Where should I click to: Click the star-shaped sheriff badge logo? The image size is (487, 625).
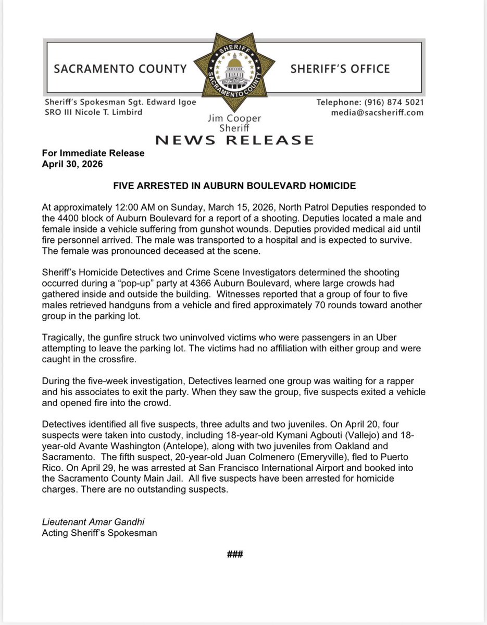click(234, 70)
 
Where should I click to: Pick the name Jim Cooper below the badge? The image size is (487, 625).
click(234, 119)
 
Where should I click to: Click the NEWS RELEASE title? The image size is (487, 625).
click(234, 140)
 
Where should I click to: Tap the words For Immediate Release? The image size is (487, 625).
click(93, 153)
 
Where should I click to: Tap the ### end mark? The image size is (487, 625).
click(235, 555)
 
